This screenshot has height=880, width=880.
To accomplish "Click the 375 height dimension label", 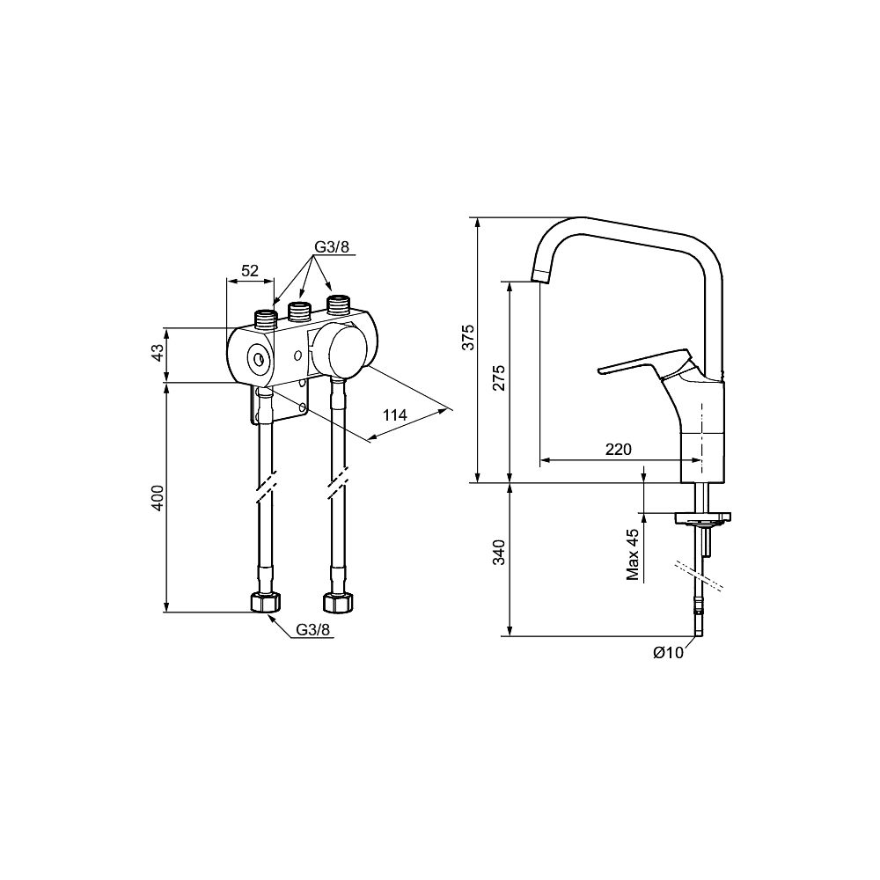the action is click(x=469, y=337).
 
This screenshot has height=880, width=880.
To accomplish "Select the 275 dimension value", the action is click(x=500, y=378).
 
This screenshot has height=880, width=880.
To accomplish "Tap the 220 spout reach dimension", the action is click(x=619, y=450).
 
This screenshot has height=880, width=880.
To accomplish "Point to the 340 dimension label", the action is click(x=500, y=553).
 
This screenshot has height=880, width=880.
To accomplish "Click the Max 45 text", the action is click(x=634, y=554).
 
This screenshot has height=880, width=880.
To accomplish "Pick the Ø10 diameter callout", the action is click(x=669, y=653).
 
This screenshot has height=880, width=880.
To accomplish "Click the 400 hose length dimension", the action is click(x=158, y=498).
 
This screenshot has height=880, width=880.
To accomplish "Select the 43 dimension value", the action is click(x=158, y=353).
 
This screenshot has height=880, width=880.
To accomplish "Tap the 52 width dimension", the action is click(x=249, y=270).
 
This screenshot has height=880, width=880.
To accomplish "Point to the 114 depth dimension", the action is click(x=394, y=415).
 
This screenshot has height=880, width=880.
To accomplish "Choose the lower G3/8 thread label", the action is click(x=314, y=630).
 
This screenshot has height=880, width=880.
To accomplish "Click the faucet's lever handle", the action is click(x=644, y=364).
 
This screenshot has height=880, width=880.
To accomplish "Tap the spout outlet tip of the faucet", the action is click(x=539, y=275).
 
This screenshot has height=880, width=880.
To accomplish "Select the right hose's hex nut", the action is click(x=339, y=602).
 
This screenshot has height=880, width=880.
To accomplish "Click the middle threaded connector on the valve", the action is click(x=299, y=312).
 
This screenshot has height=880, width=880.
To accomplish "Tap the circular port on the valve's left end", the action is click(x=259, y=359).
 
